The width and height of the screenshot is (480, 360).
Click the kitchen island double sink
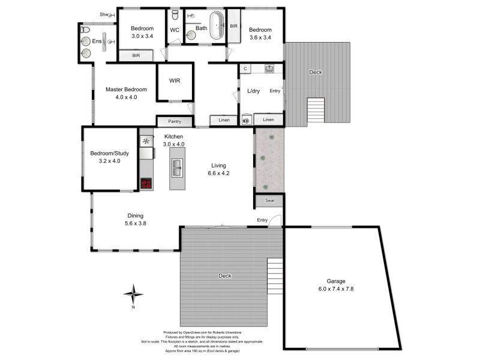tap(178, 170)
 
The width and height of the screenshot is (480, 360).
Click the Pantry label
tap(175, 121)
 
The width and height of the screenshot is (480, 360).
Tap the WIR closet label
tap(175, 80)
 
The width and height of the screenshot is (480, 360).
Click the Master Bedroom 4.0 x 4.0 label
tap(126, 93)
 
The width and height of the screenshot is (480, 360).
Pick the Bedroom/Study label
tap(109, 157)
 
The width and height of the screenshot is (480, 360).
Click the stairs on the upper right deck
tap(316, 111)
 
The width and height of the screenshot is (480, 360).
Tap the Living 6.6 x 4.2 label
tap(220, 169)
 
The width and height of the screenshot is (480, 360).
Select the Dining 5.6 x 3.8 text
tap(135, 220)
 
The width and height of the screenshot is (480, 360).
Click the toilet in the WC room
tap(175, 15)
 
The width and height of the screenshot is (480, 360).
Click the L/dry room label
tap(254, 91)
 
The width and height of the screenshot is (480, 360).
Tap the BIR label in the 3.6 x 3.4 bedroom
tap(233, 26)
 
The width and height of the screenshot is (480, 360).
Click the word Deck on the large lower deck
tap(225, 276)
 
